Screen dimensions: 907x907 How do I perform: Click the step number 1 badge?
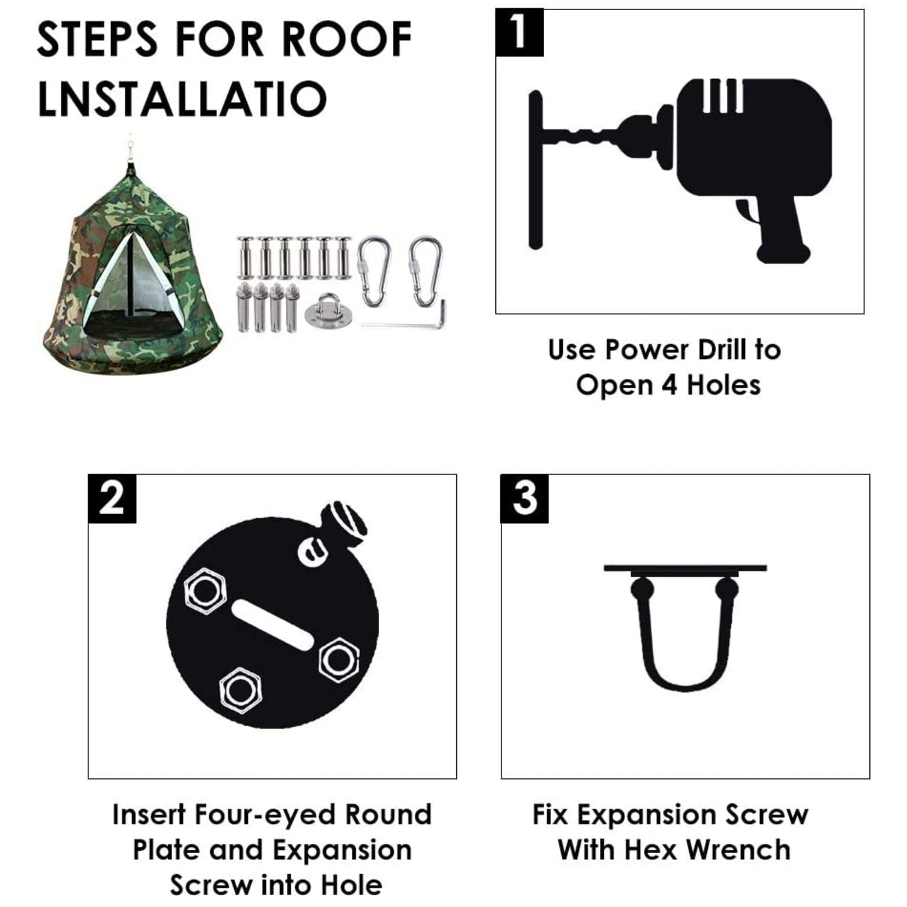point(519,33)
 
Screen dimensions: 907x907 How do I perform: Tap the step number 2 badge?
point(112,498)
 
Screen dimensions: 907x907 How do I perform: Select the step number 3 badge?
point(524,498)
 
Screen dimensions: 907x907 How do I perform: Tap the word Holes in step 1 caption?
point(724,385)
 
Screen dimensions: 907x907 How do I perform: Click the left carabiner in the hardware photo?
point(374,271)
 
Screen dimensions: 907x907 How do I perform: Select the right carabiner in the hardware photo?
point(426,271)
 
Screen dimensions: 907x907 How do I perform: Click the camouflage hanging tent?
point(132,264)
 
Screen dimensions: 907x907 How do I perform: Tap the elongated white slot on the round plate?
point(272,626)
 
